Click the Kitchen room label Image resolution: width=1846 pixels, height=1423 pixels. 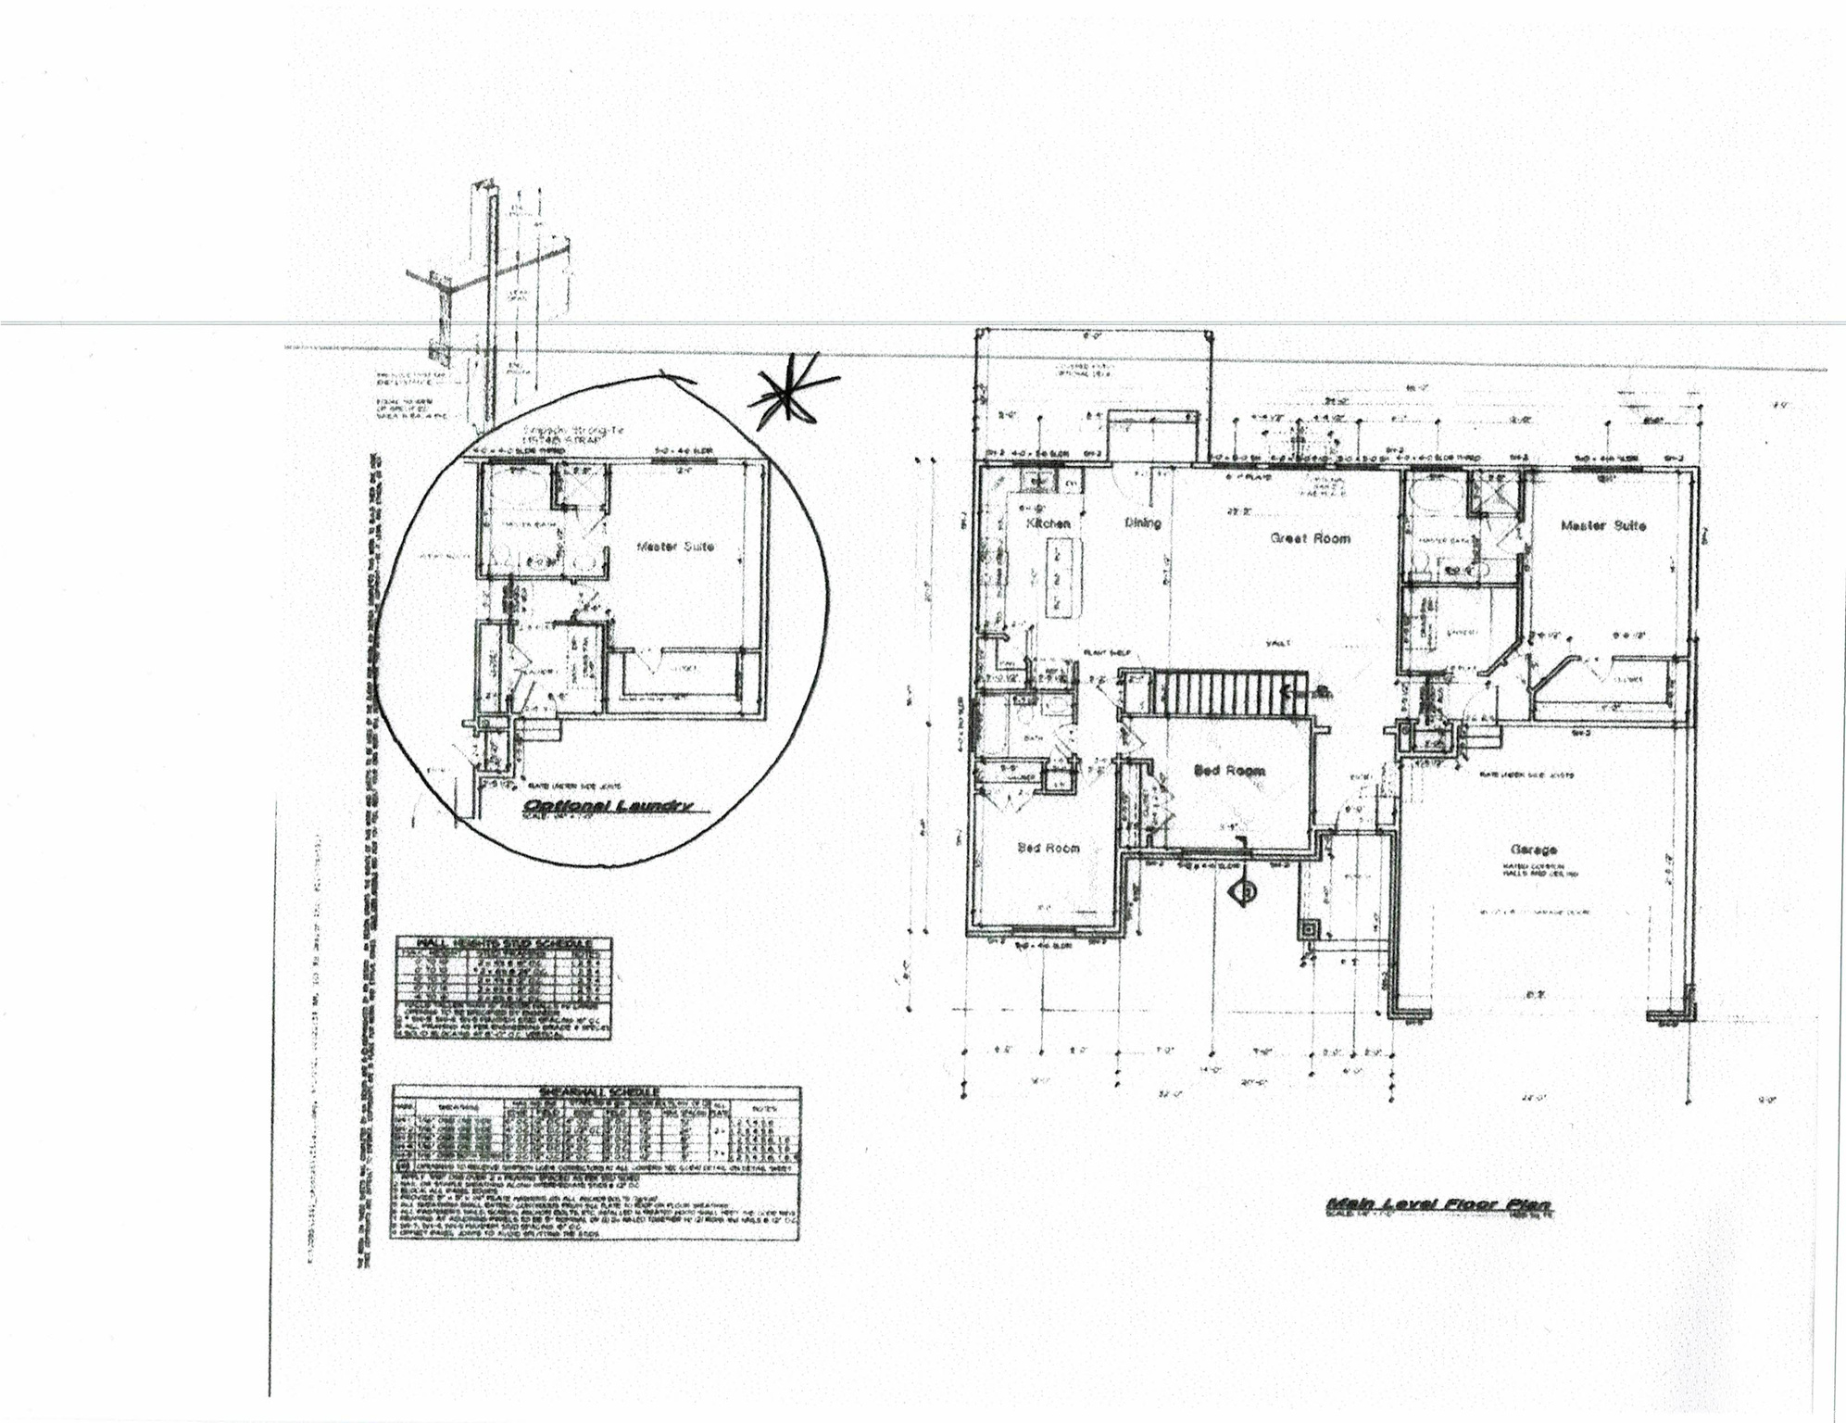pyautogui.click(x=1049, y=523)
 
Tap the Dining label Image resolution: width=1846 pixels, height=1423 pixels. pyautogui.click(x=1143, y=523)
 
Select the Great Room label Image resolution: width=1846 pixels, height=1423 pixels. pyautogui.click(x=1310, y=538)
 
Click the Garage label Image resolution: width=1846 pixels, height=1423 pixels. pyautogui.click(x=1534, y=849)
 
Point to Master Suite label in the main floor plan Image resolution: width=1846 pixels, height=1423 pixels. pyautogui.click(x=1603, y=525)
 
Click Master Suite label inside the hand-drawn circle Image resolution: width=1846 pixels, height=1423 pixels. pyautogui.click(x=675, y=547)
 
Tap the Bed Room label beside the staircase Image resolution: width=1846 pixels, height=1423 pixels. pyautogui.click(x=1229, y=770)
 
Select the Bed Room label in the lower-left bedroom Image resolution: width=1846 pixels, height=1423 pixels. pyautogui.click(x=1048, y=848)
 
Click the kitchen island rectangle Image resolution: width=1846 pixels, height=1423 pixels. pyautogui.click(x=1055, y=580)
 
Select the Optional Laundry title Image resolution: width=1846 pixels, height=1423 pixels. pyautogui.click(x=607, y=805)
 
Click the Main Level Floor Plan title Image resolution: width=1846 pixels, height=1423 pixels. pyautogui.click(x=1438, y=1204)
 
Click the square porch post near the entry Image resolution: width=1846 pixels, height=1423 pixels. pyautogui.click(x=1308, y=928)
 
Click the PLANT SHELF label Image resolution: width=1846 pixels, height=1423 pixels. pyautogui.click(x=1101, y=653)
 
